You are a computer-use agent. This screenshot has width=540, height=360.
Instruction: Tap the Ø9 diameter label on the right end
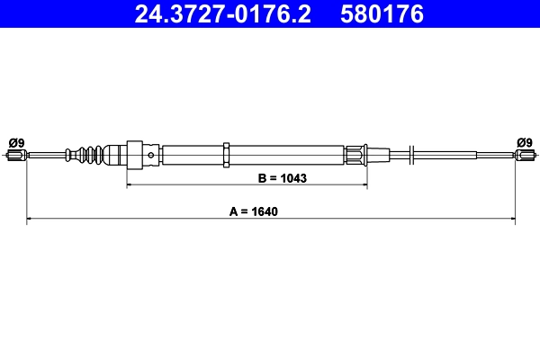[x=525, y=141]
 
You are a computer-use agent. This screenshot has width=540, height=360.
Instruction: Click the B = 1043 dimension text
[x=282, y=178]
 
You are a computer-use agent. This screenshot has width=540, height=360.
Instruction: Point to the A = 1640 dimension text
[x=267, y=212]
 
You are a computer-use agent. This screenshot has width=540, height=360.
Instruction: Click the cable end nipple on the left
[x=14, y=156]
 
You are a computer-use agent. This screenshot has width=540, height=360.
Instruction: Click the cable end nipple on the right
[x=526, y=156]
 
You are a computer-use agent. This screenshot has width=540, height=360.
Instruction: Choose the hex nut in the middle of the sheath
[x=229, y=155]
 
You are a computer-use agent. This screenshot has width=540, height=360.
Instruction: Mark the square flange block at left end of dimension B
[x=135, y=155]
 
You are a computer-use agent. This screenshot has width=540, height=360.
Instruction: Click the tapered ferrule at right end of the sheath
[x=360, y=155]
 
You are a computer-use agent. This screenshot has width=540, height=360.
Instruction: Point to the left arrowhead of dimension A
[x=31, y=219]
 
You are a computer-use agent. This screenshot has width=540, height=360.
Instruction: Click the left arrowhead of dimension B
[x=130, y=185]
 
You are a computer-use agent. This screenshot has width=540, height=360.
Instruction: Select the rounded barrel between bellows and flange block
[x=114, y=155]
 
